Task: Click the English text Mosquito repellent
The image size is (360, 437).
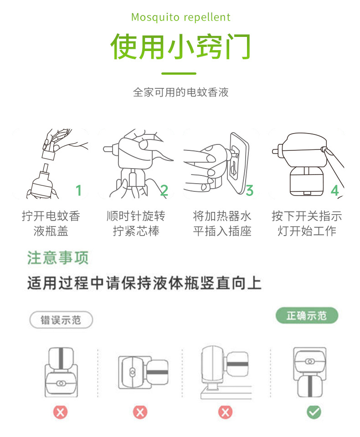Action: [x=181, y=17]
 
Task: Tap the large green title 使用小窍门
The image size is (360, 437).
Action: [x=180, y=46]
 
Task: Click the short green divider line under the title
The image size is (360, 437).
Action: [x=179, y=73]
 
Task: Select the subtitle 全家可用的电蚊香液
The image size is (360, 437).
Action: [x=180, y=92]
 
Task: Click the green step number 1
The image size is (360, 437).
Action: [x=78, y=190]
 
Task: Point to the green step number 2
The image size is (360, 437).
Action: [x=164, y=190]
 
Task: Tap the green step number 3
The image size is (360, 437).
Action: [x=250, y=190]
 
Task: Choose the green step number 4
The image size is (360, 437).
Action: [x=335, y=190]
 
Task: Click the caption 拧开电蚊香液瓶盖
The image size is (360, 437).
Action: [x=51, y=224]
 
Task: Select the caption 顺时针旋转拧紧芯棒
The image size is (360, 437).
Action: [x=136, y=224]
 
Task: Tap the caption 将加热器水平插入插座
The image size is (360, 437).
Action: [x=222, y=224]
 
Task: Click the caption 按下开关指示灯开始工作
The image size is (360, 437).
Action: [x=307, y=224]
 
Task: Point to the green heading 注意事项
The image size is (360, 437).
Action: [x=58, y=257]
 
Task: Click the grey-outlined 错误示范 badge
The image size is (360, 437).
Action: [x=61, y=320]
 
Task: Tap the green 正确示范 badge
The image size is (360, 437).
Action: [x=307, y=316]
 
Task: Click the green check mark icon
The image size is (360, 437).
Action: [x=314, y=412]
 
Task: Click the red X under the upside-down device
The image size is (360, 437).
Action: [x=61, y=412]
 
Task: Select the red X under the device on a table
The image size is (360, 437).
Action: [x=225, y=412]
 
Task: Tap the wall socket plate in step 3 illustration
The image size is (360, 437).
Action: [x=239, y=163]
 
